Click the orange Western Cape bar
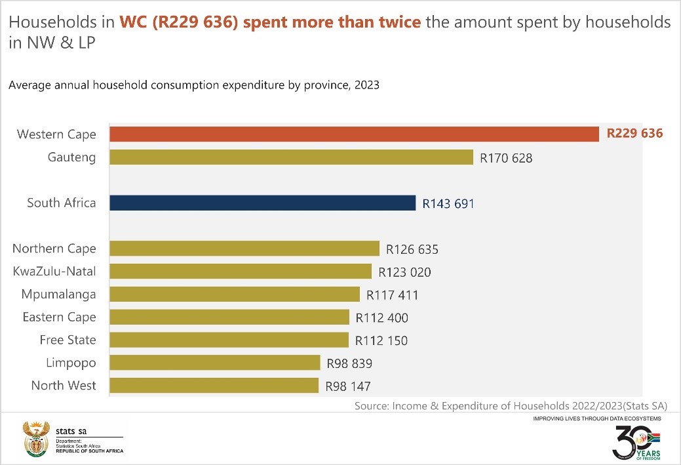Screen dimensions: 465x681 pyautogui.click(x=354, y=134)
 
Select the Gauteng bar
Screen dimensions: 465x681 pyautogui.click(x=291, y=157)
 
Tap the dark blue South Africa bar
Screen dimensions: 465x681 pyautogui.click(x=262, y=203)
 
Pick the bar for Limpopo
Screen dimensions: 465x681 pyautogui.click(x=214, y=363)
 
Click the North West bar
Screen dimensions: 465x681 pyautogui.click(x=214, y=386)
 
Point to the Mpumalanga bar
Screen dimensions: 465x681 pyautogui.click(x=235, y=294)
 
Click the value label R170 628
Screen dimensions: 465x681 pyautogui.click(x=506, y=158)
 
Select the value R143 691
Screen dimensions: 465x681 pyautogui.click(x=448, y=204)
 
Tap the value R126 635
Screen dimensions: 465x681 pyautogui.click(x=412, y=249)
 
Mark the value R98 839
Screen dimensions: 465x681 pyautogui.click(x=349, y=363)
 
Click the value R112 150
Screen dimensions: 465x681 pyautogui.click(x=381, y=340)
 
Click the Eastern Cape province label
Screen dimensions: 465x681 pyautogui.click(x=59, y=317)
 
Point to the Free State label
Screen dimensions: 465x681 pyautogui.click(x=68, y=340)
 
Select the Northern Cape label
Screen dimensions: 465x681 pyautogui.click(x=54, y=249)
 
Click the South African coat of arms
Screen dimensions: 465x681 pyautogui.click(x=35, y=438)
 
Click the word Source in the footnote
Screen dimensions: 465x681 pyautogui.click(x=372, y=406)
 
